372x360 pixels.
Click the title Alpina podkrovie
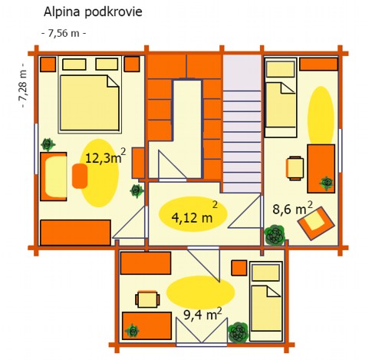tap(93, 12)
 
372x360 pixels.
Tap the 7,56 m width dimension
tap(64, 33)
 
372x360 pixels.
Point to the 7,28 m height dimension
tap(23, 85)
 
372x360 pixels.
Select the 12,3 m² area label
tap(106, 157)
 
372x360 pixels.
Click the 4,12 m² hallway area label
tap(194, 214)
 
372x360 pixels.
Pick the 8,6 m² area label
tap(292, 208)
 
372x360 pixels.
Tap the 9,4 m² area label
tap(202, 314)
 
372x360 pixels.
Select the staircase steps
tap(242, 140)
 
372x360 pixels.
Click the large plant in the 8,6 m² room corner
tap(275, 235)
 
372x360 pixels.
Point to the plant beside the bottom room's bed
tap(239, 332)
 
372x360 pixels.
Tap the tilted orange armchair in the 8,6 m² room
tap(316, 223)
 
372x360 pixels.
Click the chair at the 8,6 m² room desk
tap(295, 168)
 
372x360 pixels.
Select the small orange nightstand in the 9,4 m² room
tap(239, 268)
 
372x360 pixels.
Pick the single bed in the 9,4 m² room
tap(266, 301)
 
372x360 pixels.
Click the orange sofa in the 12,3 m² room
tap(54, 177)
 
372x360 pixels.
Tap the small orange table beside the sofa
tap(80, 176)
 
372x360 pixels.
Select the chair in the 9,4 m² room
tap(147, 299)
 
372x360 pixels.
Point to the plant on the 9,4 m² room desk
tap(133, 331)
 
